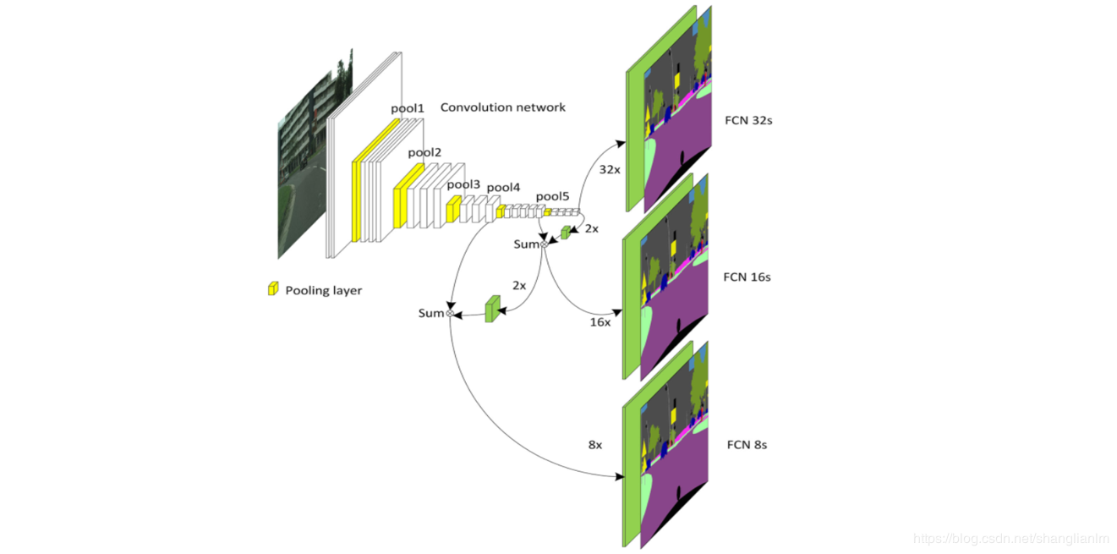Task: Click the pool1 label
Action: point(408,108)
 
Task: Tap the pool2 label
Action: point(424,153)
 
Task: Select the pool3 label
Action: point(463,184)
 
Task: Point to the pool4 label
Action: point(504,188)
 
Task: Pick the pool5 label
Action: point(552,197)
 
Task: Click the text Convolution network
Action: point(503,107)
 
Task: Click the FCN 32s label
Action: point(748,120)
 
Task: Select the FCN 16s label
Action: point(747,277)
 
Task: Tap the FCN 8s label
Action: point(747,444)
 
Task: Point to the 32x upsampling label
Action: point(609,169)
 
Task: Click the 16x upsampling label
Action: point(600,322)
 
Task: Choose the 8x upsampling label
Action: point(594,444)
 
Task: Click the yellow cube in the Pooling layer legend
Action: point(273,288)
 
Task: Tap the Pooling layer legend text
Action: point(323,290)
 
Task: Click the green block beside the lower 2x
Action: point(492,309)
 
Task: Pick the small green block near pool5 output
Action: point(566,233)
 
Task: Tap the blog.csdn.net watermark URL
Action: point(1012,539)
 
